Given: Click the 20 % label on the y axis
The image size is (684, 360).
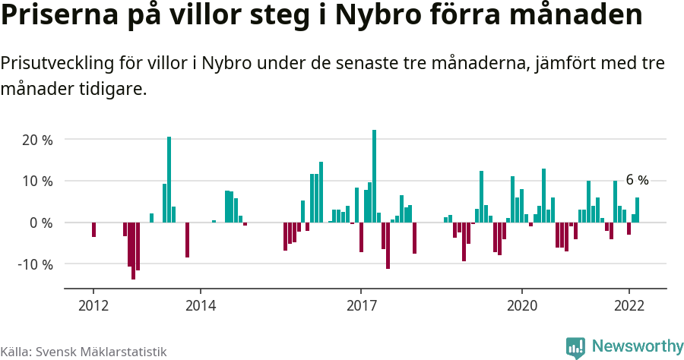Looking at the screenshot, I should point(37,140).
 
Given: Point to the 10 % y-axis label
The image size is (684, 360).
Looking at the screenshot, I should point(37,182).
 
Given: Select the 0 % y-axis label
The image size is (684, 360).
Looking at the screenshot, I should point(41,223).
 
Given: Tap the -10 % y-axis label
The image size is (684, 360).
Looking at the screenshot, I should point(35,264).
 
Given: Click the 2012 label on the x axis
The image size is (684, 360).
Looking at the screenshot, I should point(93,305).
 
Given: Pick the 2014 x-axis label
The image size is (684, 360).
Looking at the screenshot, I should point(201,305).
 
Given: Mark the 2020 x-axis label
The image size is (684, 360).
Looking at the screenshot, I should point(522,305).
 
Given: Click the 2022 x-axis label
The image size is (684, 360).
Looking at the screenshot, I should point(629,305).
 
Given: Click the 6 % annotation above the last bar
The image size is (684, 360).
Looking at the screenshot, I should point(637,180).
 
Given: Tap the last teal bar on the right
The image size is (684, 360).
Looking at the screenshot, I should point(637,210).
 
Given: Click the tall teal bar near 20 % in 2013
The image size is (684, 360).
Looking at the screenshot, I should point(169,179).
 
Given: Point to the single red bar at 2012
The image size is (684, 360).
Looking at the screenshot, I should point(93,229).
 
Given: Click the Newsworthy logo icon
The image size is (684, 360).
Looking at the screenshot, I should point(575,347).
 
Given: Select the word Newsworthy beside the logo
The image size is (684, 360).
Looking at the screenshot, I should point(637,346).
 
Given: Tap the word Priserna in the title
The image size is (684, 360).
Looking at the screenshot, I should point(52,16).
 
